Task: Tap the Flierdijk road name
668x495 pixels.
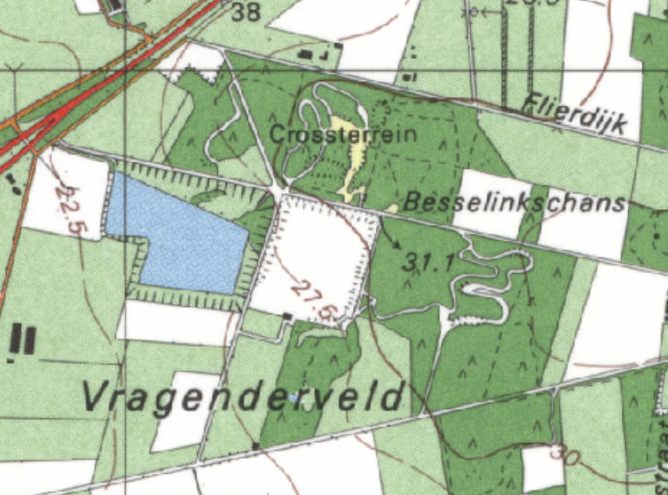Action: [577, 115]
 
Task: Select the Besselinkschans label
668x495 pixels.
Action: [516, 203]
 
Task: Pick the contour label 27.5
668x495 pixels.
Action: [313, 300]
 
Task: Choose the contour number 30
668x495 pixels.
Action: [566, 455]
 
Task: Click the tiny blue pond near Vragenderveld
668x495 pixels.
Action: [292, 398]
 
